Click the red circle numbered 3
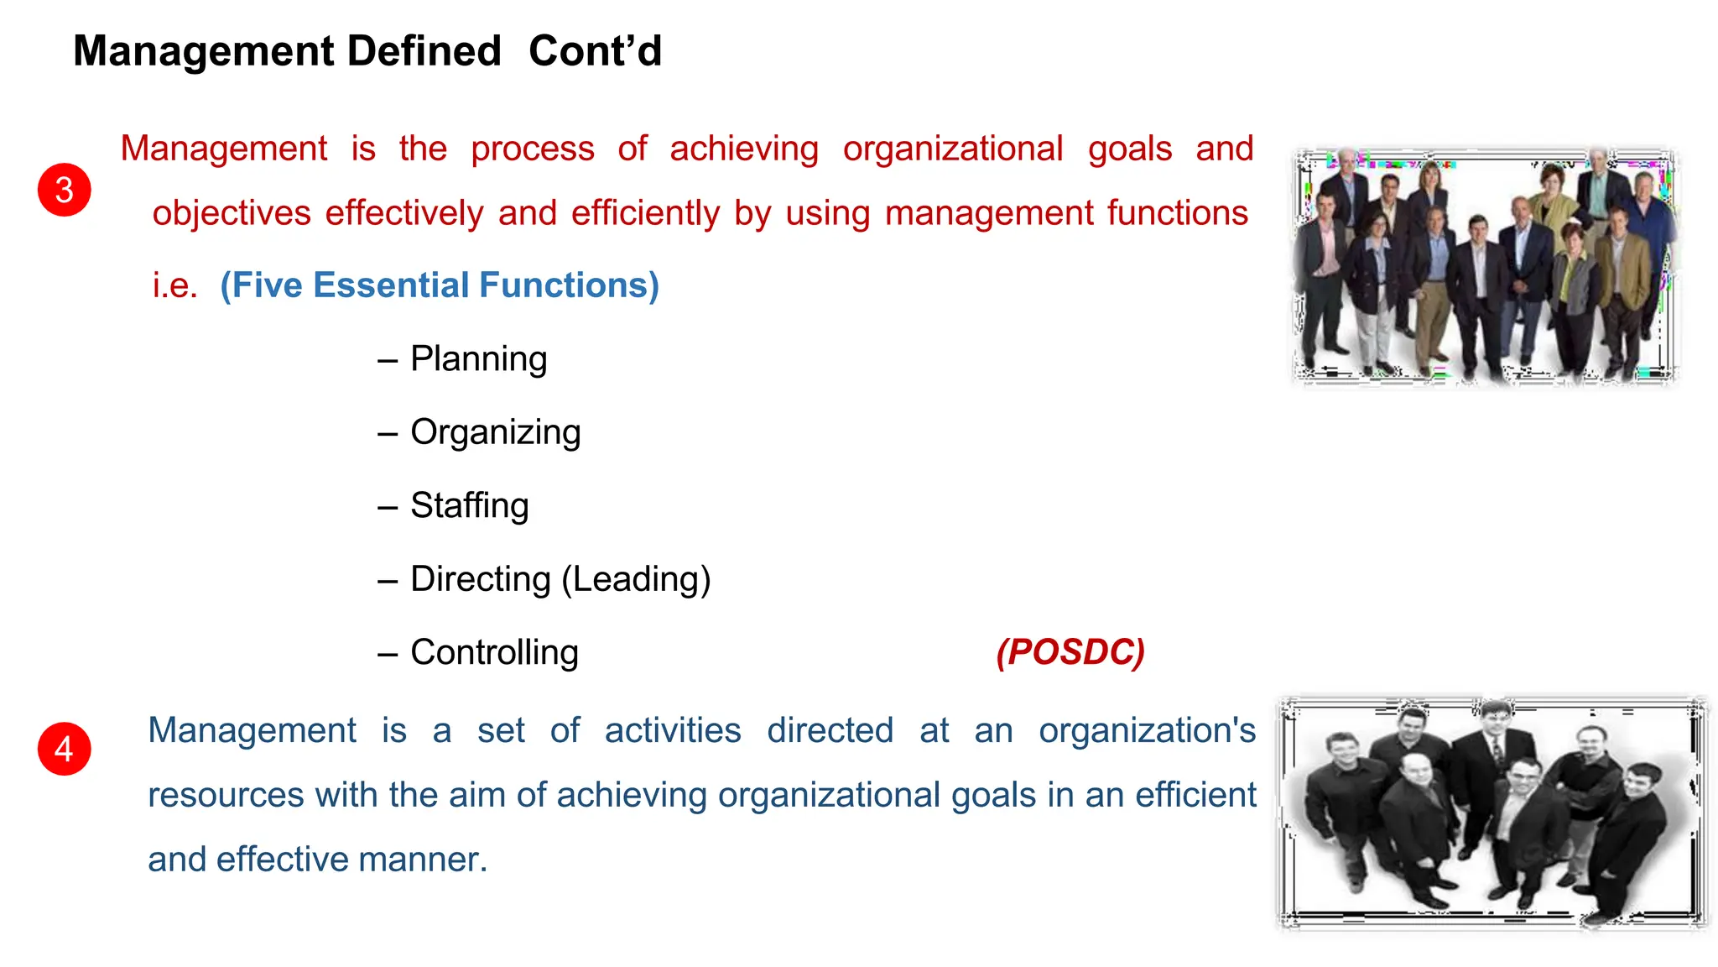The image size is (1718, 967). tap(65, 190)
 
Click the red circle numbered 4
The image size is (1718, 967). tap(65, 749)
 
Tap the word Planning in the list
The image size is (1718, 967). tap(478, 359)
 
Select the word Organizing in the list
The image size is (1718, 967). tap(495, 432)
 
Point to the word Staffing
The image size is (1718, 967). tap(469, 506)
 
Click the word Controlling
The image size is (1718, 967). tap(494, 653)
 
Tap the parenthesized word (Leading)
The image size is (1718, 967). tap(636, 579)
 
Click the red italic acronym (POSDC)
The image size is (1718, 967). tap(1070, 652)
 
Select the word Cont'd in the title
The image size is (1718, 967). tap(595, 51)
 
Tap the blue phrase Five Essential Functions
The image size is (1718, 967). tap(440, 285)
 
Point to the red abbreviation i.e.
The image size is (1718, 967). tap(174, 285)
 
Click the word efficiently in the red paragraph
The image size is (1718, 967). tap(645, 213)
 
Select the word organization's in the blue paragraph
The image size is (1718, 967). tap(1147, 730)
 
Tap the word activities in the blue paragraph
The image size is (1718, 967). tap(673, 730)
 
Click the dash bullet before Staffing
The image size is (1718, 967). tap(387, 507)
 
